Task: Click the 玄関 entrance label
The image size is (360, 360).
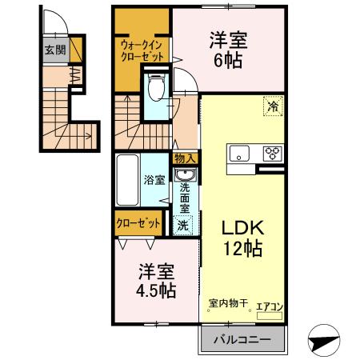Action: tap(55, 50)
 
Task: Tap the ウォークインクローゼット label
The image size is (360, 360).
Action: tap(142, 50)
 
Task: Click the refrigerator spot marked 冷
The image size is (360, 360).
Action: tap(272, 105)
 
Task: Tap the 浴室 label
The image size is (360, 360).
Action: tap(154, 180)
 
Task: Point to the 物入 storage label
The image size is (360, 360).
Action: tap(184, 159)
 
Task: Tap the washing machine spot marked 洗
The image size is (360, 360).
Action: tap(183, 226)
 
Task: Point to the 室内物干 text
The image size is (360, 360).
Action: tap(228, 303)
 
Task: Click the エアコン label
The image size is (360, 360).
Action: tap(268, 306)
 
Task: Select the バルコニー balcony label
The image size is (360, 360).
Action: tap(241, 340)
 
